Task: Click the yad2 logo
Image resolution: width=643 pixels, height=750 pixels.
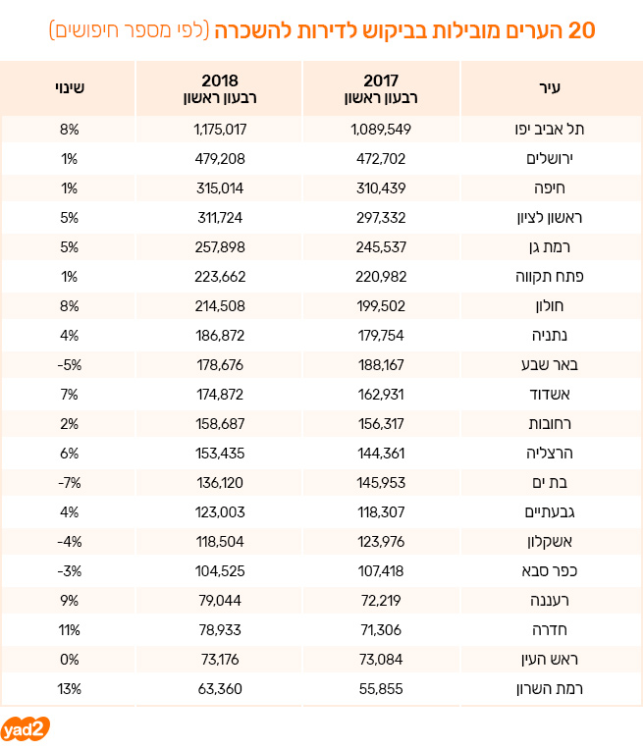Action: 26,729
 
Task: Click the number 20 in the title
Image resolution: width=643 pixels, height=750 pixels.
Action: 581,30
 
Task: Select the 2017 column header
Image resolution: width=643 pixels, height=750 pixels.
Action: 381,88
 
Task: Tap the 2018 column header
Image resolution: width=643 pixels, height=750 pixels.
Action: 220,88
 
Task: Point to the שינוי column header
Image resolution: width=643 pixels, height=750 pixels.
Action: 70,88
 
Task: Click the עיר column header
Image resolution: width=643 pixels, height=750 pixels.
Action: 550,88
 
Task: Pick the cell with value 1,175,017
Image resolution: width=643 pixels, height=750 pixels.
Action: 220,130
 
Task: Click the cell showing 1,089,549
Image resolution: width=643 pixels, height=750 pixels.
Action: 381,130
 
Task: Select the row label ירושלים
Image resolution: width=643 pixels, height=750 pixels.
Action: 550,159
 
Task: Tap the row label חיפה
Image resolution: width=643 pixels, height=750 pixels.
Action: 550,187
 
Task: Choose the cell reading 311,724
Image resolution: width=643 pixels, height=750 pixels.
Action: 220,218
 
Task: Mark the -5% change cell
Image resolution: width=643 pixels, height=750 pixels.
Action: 70,365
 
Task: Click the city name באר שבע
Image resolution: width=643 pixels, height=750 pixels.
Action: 550,365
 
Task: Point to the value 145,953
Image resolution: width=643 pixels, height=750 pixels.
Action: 381,483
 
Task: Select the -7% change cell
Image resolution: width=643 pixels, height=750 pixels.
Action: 70,483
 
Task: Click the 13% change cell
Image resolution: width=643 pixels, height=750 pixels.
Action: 70,689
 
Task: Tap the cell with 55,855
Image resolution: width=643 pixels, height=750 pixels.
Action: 381,689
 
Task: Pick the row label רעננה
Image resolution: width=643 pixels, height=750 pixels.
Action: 550,600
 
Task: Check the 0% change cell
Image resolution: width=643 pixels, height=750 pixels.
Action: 70,660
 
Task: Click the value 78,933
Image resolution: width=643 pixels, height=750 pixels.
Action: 220,630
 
